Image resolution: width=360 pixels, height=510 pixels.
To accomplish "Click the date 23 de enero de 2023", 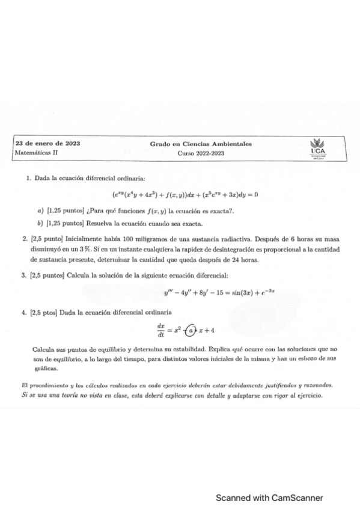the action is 48,144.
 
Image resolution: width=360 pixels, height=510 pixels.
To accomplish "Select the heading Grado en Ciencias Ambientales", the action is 201,144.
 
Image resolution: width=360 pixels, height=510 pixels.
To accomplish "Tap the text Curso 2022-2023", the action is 200,153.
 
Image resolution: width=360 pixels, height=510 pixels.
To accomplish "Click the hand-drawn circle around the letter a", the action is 191,330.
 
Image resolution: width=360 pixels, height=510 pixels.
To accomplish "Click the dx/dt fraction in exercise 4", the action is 160,330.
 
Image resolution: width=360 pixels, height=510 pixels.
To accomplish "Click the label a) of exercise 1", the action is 40,211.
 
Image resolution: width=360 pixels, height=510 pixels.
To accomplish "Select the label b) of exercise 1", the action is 40,224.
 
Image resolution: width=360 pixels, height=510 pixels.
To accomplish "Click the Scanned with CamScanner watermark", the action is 270,497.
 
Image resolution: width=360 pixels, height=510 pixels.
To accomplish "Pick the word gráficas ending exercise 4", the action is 45,369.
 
